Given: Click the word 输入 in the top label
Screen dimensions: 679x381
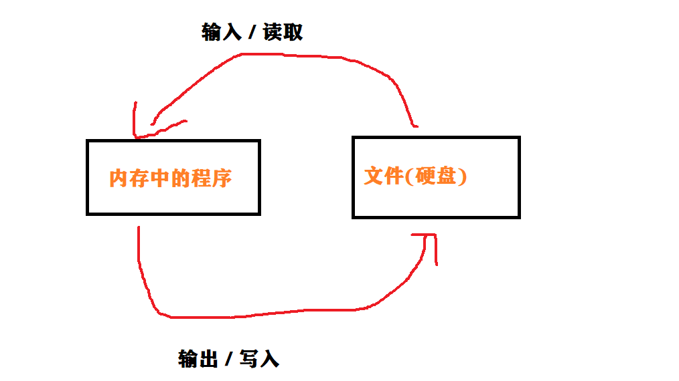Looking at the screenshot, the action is (221, 32).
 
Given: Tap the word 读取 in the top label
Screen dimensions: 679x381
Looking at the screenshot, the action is (283, 32).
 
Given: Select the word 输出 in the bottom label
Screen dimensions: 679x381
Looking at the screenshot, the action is (198, 359).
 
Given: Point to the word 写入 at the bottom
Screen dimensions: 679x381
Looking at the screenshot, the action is (259, 359).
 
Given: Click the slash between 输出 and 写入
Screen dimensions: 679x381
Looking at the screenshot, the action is (229, 360).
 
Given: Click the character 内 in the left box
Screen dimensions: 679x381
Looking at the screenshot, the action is (118, 178).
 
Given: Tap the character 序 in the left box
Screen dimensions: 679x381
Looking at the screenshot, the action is (222, 178).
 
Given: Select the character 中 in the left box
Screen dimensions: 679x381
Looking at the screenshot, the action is (161, 178).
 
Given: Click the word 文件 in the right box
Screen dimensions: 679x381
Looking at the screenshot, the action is (384, 176).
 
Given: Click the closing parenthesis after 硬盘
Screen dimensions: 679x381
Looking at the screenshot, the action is (462, 176).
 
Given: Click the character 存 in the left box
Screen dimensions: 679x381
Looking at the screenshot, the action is (139, 178).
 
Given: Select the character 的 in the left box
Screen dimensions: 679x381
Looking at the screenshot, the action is (181, 178).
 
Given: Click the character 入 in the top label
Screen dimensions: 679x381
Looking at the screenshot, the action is (231, 32).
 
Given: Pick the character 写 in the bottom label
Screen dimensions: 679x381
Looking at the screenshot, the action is (248, 359).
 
